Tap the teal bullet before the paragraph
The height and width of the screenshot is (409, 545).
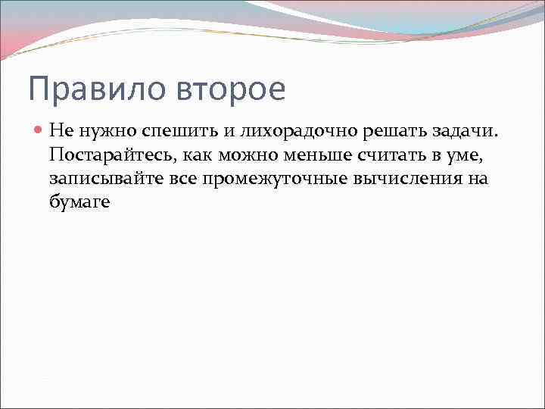click(x=39, y=131)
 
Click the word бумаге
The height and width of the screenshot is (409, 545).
click(x=80, y=201)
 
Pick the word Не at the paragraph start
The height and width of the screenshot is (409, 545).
click(x=60, y=131)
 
